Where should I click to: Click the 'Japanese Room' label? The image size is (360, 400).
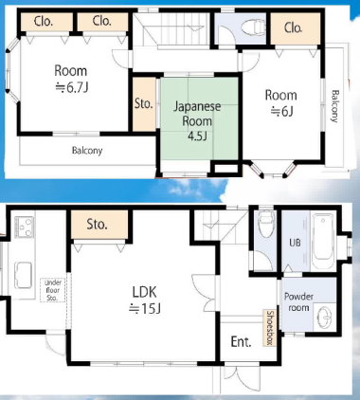pos(197,114)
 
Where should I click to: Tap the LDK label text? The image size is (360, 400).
pos(144,292)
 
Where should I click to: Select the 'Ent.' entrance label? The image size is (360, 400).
pos(241,341)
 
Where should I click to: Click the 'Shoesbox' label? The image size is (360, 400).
pos(270,328)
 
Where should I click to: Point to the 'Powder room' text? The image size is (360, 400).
pos(298,302)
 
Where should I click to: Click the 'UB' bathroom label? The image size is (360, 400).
pos(295,243)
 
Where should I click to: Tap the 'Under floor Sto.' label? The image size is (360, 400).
pos(53,290)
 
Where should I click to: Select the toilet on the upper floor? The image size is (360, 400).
pos(253,27)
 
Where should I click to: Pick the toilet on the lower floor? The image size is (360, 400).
pos(266,224)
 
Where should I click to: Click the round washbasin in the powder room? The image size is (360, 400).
pos(324,316)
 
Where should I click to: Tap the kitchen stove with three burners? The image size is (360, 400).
pos(24,227)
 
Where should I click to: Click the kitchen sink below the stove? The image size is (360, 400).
pos(24,275)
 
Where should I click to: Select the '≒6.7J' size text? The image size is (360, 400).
pos(71,87)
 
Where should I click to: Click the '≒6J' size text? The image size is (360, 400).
pos(282,111)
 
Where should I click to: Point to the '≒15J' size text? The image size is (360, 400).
pos(145,308)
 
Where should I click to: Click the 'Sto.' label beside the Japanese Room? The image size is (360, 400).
pos(144,103)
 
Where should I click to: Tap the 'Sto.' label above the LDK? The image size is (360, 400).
pos(97,224)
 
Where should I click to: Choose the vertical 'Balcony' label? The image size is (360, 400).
pos(334,106)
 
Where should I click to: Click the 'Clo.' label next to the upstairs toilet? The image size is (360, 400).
pos(293,27)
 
